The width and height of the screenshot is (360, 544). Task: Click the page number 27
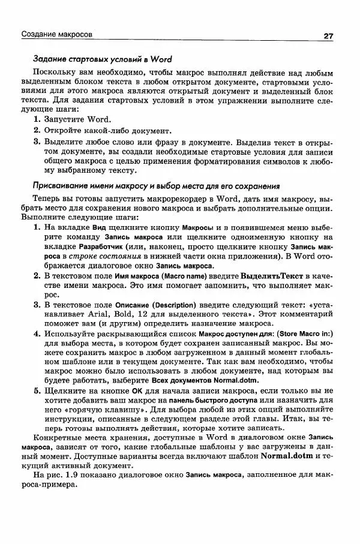tap(328, 35)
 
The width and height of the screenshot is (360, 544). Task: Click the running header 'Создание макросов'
tap(57, 35)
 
